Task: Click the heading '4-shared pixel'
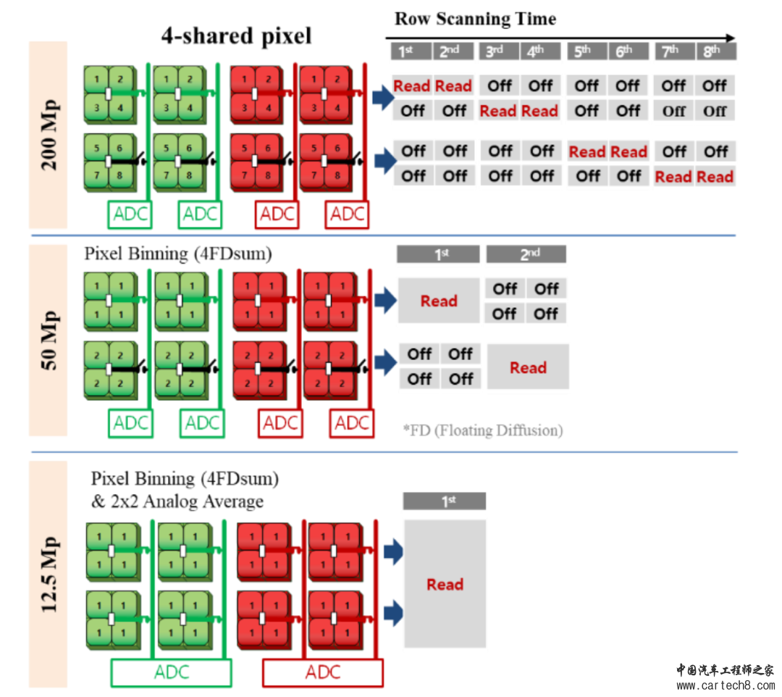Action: [x=236, y=36]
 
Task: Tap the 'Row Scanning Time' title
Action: [x=475, y=18]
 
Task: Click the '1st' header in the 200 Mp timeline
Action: [x=411, y=51]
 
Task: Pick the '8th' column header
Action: [x=715, y=51]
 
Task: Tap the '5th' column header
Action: [x=584, y=51]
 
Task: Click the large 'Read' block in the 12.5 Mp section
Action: [x=445, y=584]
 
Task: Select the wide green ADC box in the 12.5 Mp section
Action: [x=171, y=672]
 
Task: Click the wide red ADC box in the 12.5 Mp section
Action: [x=322, y=672]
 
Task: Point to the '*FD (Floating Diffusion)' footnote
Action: [x=482, y=430]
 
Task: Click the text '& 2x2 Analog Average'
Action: [x=177, y=501]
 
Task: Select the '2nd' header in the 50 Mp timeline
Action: [x=526, y=254]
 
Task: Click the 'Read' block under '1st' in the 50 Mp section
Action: [x=439, y=301]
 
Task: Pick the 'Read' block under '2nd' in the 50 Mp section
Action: [x=528, y=367]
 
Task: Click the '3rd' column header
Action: [x=497, y=51]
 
